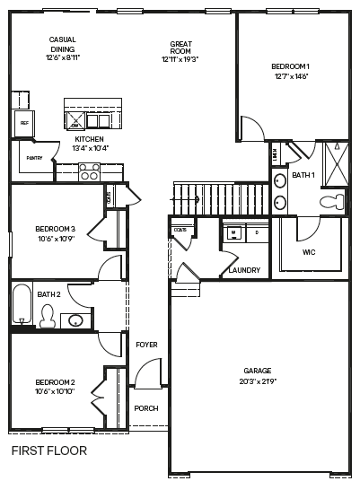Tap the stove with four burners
click(89, 171)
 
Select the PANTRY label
click(35, 158)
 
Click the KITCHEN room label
click(89, 139)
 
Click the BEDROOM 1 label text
click(290, 66)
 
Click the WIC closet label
click(309, 252)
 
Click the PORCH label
click(145, 408)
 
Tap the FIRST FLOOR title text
click(49, 450)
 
